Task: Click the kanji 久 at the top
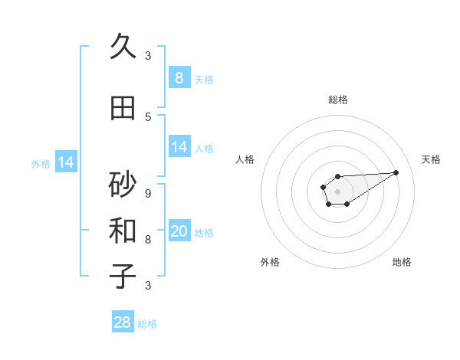(x=123, y=47)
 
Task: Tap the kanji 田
(x=123, y=108)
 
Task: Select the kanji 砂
(x=123, y=185)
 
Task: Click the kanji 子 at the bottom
(x=123, y=277)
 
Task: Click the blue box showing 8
(x=179, y=78)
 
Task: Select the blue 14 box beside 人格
(x=179, y=147)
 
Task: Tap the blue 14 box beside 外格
(x=65, y=162)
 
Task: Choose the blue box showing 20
(x=179, y=231)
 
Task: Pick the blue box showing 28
(x=123, y=322)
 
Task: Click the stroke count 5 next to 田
(x=148, y=116)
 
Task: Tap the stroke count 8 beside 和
(x=148, y=239)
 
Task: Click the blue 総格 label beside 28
(x=147, y=324)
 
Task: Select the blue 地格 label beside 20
(x=204, y=232)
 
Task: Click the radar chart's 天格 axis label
(x=431, y=159)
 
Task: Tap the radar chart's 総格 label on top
(x=337, y=100)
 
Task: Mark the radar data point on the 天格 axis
(x=396, y=172)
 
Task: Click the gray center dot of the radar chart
(x=337, y=191)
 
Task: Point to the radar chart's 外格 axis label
(x=270, y=262)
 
